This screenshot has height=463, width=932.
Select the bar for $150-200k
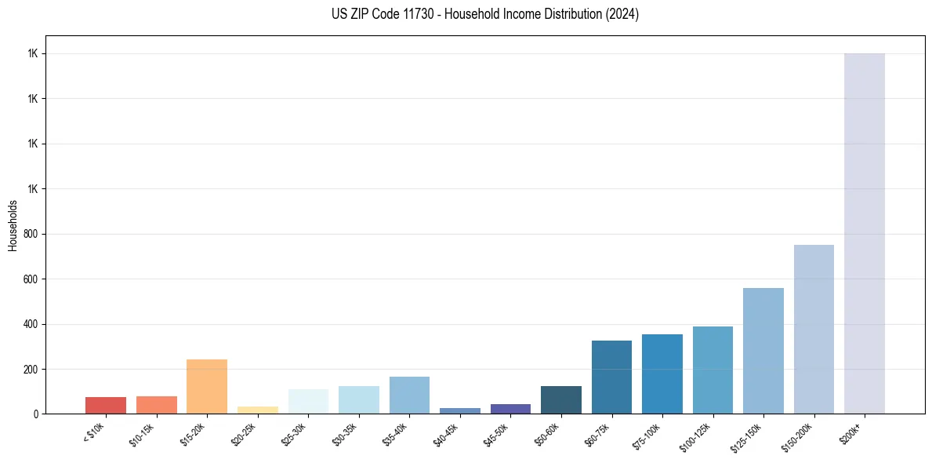[x=814, y=329]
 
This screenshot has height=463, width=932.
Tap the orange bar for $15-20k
[x=207, y=386]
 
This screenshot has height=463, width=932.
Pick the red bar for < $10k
[x=106, y=405]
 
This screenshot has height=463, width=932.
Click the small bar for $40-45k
[x=460, y=410]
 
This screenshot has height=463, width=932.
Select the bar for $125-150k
[x=763, y=351]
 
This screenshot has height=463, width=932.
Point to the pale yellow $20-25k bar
[x=258, y=410]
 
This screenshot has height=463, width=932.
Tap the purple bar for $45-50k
[x=510, y=409]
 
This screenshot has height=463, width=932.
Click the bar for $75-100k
[x=662, y=374]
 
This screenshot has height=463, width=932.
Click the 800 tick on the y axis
[x=31, y=234]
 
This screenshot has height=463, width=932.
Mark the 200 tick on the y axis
[x=31, y=369]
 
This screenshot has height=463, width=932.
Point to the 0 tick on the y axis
[x=36, y=414]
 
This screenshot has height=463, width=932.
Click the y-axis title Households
[x=13, y=225]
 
